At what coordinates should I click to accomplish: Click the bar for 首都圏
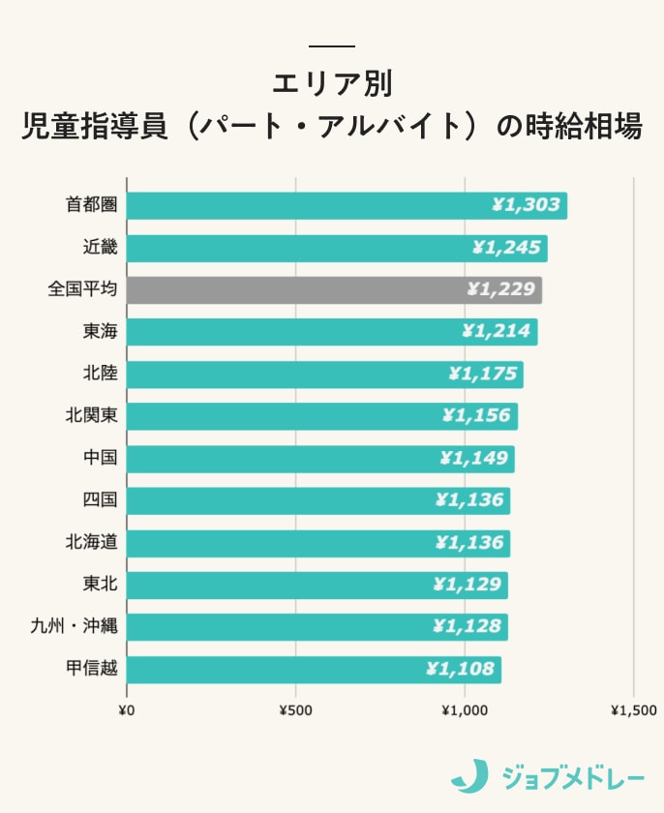coord(346,205)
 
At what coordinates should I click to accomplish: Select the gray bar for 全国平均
coord(334,289)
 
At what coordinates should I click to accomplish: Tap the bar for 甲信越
coord(314,669)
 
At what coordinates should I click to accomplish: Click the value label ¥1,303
coord(525,205)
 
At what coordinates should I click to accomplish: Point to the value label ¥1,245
coord(505,248)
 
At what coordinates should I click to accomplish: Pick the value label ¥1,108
coord(460,669)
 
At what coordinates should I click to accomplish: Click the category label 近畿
coord(100,248)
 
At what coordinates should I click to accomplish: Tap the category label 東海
coord(100,332)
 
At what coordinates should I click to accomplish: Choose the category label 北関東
coord(91,416)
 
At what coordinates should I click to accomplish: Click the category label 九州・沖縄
coord(74,626)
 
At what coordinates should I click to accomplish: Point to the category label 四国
coord(100,500)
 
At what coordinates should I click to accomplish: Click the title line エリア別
coord(332,83)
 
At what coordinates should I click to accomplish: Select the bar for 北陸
coord(324,374)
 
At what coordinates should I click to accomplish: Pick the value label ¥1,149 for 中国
coord(473,458)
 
